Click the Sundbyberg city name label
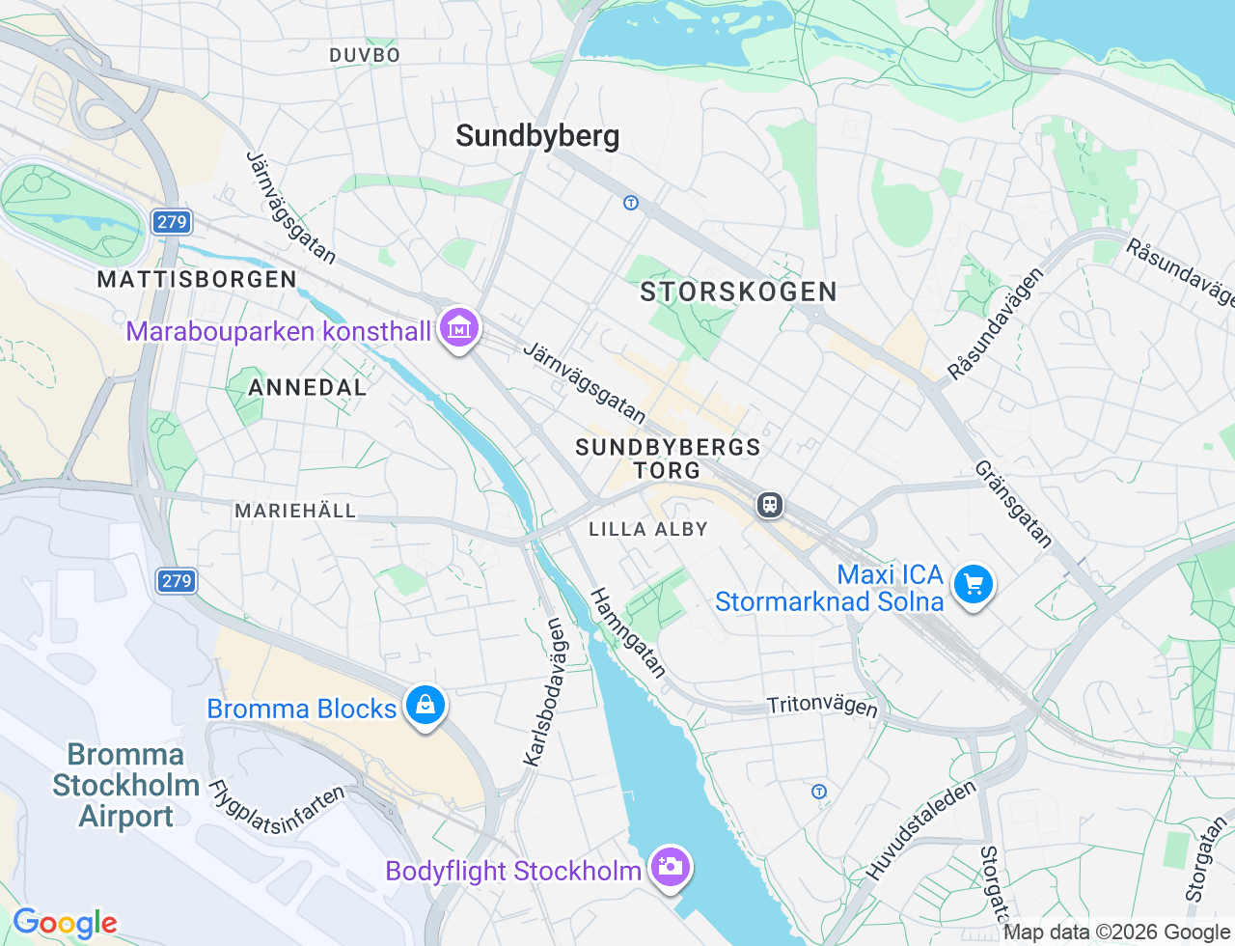point(537,136)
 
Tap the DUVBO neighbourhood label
point(365,55)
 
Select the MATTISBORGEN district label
point(197,279)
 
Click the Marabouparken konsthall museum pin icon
point(459,329)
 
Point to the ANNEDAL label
point(307,387)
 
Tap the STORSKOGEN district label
point(738,292)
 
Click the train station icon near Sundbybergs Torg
point(770,505)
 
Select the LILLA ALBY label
point(648,529)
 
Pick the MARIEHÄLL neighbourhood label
point(295,511)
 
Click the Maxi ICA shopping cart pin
point(973,585)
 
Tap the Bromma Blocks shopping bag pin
point(425,706)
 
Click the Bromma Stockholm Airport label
point(125,785)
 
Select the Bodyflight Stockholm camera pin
point(669,866)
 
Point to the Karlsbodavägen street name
point(544,692)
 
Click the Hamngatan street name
point(628,632)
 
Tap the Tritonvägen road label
point(822,706)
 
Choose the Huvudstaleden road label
point(920,831)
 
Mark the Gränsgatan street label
point(1013,504)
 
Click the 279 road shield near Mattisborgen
point(172,222)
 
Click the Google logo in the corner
point(65,923)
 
